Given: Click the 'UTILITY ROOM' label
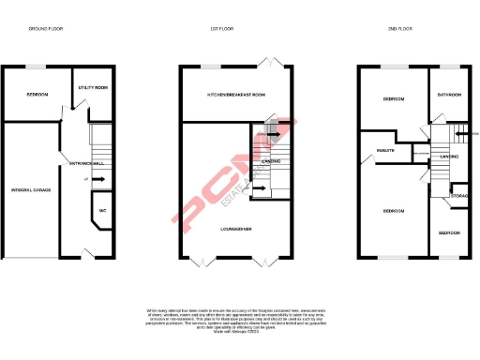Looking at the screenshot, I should coord(94,87).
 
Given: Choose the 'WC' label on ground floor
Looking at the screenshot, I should coord(102,211).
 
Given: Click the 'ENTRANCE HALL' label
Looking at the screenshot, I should coord(74,166).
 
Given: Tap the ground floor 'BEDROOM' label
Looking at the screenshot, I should coord(38,96).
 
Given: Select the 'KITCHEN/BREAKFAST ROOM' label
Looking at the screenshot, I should coord(235,96).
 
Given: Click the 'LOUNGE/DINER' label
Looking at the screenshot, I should coord(233,228).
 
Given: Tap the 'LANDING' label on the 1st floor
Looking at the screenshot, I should coord(271,162).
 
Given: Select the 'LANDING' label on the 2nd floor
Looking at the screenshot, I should coord(448,157).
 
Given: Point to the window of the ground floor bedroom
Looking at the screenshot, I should coord(38,66).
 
